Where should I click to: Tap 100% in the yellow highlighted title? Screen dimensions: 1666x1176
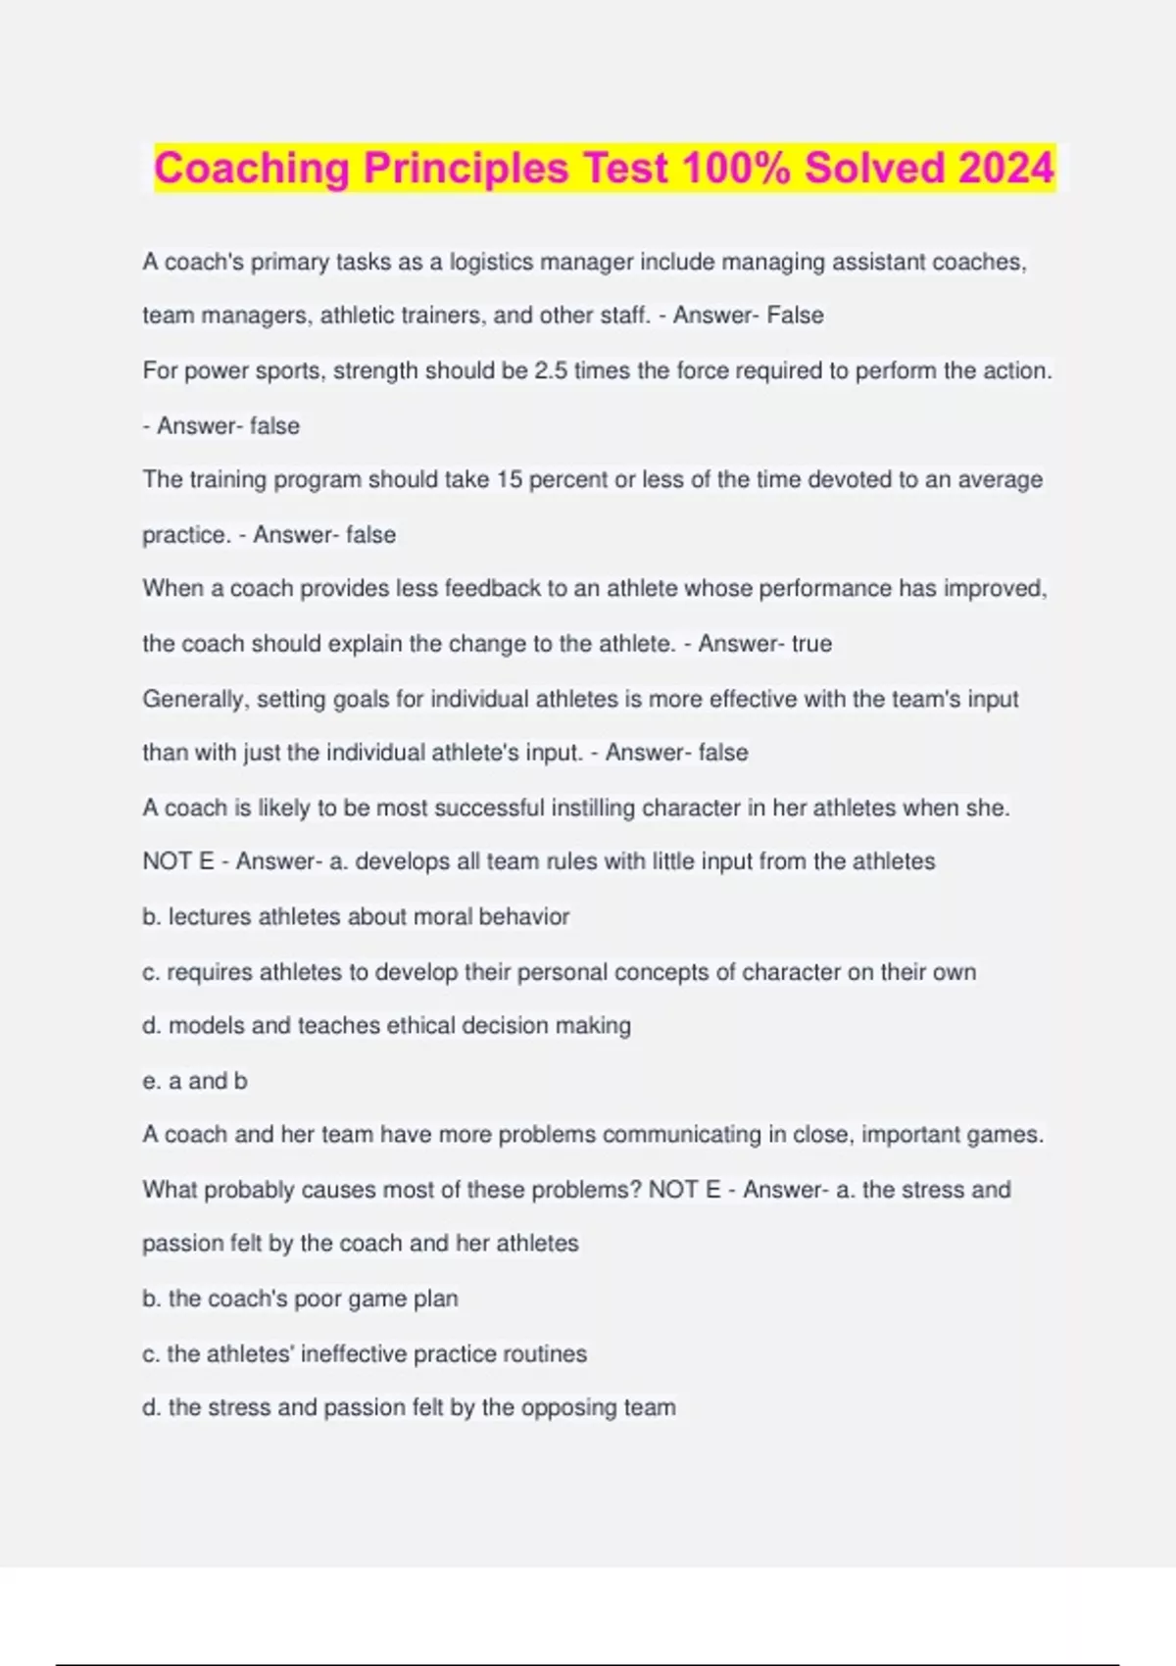(735, 168)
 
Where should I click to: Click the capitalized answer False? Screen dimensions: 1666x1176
(795, 316)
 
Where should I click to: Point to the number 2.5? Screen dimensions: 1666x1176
(551, 371)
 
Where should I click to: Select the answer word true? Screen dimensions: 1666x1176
(811, 644)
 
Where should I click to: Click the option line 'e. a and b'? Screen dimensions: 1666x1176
(195, 1081)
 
